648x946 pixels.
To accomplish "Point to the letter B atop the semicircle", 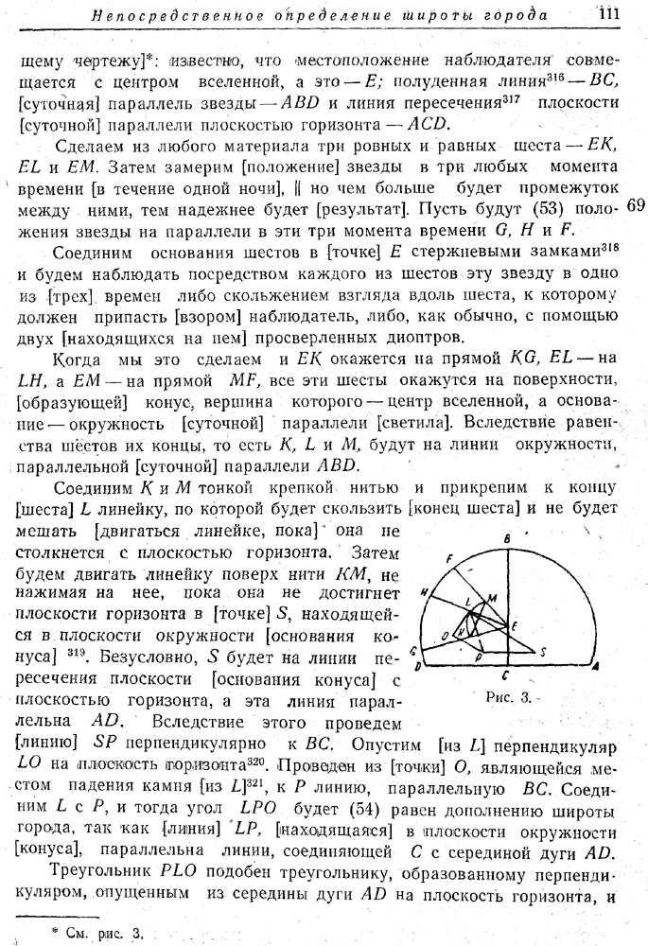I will [x=507, y=538].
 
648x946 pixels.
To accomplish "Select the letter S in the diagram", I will [x=542, y=652].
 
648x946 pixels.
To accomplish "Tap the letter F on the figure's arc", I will [x=451, y=557].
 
